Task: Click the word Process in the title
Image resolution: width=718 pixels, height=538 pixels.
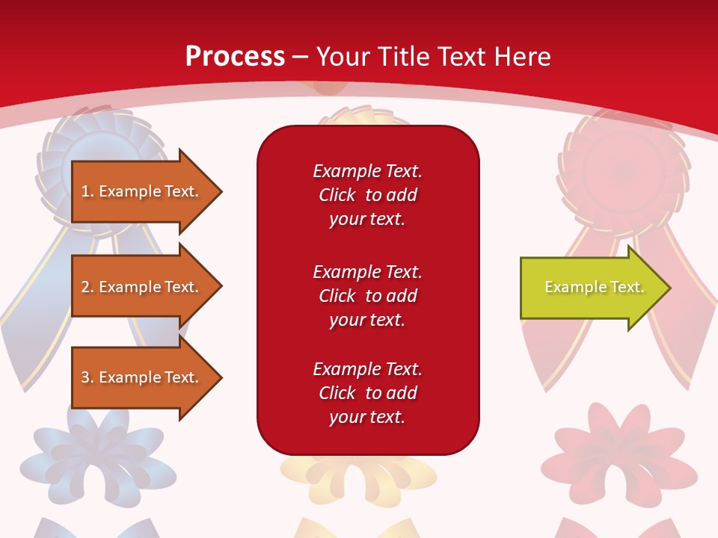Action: click(235, 56)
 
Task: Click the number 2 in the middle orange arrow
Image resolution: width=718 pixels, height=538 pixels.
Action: click(85, 287)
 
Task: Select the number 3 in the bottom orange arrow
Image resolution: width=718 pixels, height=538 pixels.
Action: click(85, 377)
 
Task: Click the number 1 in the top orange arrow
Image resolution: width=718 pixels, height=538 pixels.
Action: click(85, 191)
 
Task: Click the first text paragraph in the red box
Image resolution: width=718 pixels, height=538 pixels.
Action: click(367, 195)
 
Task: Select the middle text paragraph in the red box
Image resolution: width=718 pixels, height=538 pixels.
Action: click(367, 296)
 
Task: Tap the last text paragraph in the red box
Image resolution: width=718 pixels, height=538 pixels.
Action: click(367, 393)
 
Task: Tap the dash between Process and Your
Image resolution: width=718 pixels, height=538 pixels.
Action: click(301, 57)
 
